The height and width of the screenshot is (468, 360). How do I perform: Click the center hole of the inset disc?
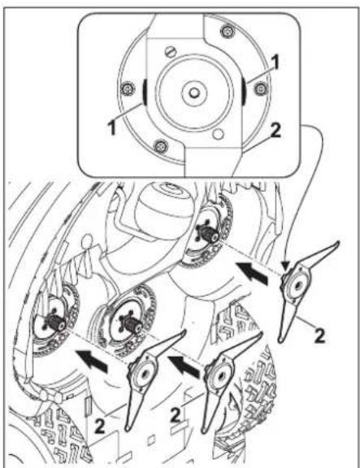pyautogui.click(x=194, y=93)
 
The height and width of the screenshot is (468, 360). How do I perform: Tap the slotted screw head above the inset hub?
pyautogui.click(x=171, y=52)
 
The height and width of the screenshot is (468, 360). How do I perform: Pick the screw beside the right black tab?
pyautogui.click(x=261, y=88)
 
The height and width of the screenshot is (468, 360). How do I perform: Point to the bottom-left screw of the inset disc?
pyautogui.click(x=161, y=146)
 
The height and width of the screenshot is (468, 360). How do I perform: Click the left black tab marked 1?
pyautogui.click(x=145, y=92)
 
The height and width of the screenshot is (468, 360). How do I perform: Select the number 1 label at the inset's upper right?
pyautogui.click(x=275, y=62)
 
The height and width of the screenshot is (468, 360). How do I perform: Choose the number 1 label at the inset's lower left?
pyautogui.click(x=112, y=127)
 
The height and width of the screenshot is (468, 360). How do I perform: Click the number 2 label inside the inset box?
pyautogui.click(x=275, y=131)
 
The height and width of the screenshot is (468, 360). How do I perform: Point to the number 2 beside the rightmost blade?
pyautogui.click(x=319, y=336)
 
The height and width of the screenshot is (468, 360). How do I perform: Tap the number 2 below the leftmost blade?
pyautogui.click(x=99, y=426)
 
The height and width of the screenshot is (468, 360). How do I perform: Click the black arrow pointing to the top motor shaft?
pyautogui.click(x=251, y=272)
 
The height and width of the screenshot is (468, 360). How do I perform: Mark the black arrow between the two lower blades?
pyautogui.click(x=184, y=366)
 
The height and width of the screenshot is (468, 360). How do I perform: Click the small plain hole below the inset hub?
pyautogui.click(x=219, y=133)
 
